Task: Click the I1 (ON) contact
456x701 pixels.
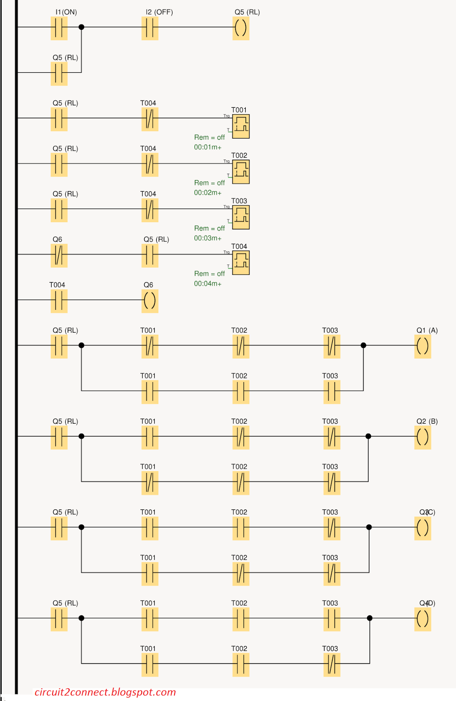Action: (59, 28)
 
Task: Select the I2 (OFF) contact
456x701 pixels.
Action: (149, 28)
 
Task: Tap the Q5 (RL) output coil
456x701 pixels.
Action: (240, 28)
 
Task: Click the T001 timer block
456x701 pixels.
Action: (240, 126)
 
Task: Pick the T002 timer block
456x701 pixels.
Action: (240, 172)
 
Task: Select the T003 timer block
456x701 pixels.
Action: (240, 217)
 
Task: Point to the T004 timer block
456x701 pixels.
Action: (240, 263)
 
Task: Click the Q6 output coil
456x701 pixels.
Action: (149, 301)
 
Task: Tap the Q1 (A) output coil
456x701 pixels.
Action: (422, 346)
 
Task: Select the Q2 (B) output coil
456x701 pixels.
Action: (422, 437)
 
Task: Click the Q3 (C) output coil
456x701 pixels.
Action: (422, 528)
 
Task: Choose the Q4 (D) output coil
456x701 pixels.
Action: (422, 619)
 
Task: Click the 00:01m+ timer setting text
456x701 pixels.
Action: (208, 147)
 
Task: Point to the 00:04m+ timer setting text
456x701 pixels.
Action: (208, 284)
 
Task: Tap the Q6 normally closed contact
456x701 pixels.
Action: (59, 255)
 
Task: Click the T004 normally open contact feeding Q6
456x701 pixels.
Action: (59, 301)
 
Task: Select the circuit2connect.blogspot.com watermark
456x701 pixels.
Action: (105, 692)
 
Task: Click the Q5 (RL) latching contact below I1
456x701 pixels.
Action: (59, 73)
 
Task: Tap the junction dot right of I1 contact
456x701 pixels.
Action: (81, 27)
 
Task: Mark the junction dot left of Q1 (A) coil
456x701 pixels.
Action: (363, 345)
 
